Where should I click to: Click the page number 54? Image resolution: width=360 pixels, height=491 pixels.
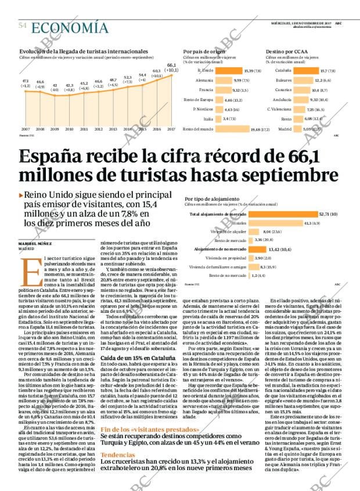[x=23, y=26]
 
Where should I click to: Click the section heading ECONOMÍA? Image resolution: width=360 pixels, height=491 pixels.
[x=70, y=27]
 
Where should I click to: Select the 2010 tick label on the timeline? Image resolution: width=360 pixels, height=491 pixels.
[x=69, y=129]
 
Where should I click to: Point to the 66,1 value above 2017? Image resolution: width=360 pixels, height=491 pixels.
[x=171, y=66]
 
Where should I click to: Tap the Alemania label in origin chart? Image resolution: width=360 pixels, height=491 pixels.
[x=205, y=80]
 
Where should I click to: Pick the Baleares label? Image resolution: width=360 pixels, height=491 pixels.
[x=283, y=80]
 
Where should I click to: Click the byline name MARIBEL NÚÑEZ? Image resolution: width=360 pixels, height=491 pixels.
[x=35, y=243]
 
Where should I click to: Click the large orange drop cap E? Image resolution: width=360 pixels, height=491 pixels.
[x=27, y=268]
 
